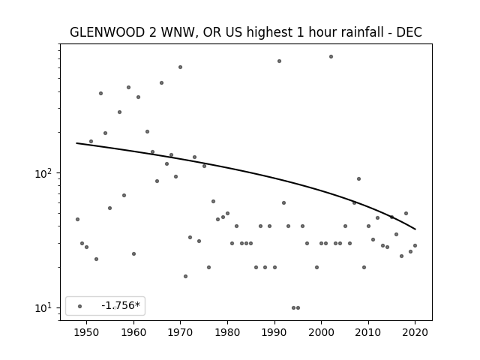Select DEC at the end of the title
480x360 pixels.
pos(409,32)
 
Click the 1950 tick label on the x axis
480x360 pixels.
pos(87,333)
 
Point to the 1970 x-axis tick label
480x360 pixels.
pos(180,333)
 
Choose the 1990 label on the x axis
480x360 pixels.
pos(274,333)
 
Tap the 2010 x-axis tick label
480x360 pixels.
pos(368,333)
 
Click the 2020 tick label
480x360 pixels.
pos(415,333)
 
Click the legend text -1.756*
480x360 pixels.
pos(121,305)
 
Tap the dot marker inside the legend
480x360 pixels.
pos(80,307)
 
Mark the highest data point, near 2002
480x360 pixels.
pos(331,57)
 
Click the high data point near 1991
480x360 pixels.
pos(279,61)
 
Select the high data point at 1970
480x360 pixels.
pos(180,67)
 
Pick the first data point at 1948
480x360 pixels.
pos(77,219)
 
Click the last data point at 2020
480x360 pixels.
pos(415,245)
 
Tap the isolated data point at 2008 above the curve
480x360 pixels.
pos(358,178)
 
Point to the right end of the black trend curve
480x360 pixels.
pos(415,229)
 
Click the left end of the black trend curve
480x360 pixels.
pos(76,143)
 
